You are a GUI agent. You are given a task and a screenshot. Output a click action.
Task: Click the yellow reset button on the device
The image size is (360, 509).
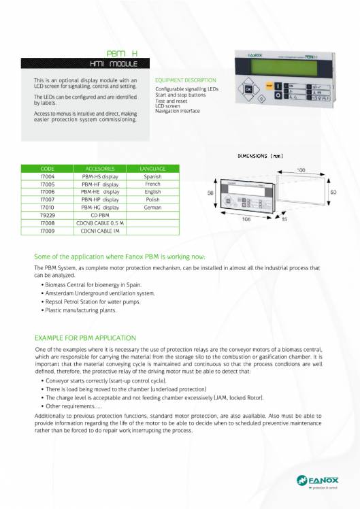pos(269,86)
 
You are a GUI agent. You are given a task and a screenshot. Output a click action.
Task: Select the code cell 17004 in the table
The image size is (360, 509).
pos(48,176)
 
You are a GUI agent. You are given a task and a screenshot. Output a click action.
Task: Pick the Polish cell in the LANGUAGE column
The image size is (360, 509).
pos(152,200)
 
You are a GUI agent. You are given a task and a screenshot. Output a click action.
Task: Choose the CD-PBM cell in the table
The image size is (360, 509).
pos(100,214)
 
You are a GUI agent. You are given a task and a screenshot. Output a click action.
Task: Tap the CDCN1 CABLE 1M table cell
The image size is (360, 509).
pos(100,230)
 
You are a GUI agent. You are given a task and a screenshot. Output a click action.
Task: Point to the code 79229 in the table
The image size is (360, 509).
pos(48,214)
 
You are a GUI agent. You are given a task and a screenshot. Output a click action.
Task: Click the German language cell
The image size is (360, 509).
pos(152,207)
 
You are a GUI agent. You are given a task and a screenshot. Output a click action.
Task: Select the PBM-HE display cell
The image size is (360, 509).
pos(100,192)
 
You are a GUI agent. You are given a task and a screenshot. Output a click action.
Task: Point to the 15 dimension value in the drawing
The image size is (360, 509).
pos(284,220)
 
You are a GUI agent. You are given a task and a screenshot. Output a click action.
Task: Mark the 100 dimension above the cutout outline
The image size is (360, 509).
pos(301,169)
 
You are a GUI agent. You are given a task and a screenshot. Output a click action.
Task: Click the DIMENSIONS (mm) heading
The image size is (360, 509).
pos(260,156)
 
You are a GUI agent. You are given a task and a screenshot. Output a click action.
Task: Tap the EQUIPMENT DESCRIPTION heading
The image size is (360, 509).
pos(186,80)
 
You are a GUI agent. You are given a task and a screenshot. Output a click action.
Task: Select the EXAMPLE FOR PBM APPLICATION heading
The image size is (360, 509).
pos(85,338)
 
